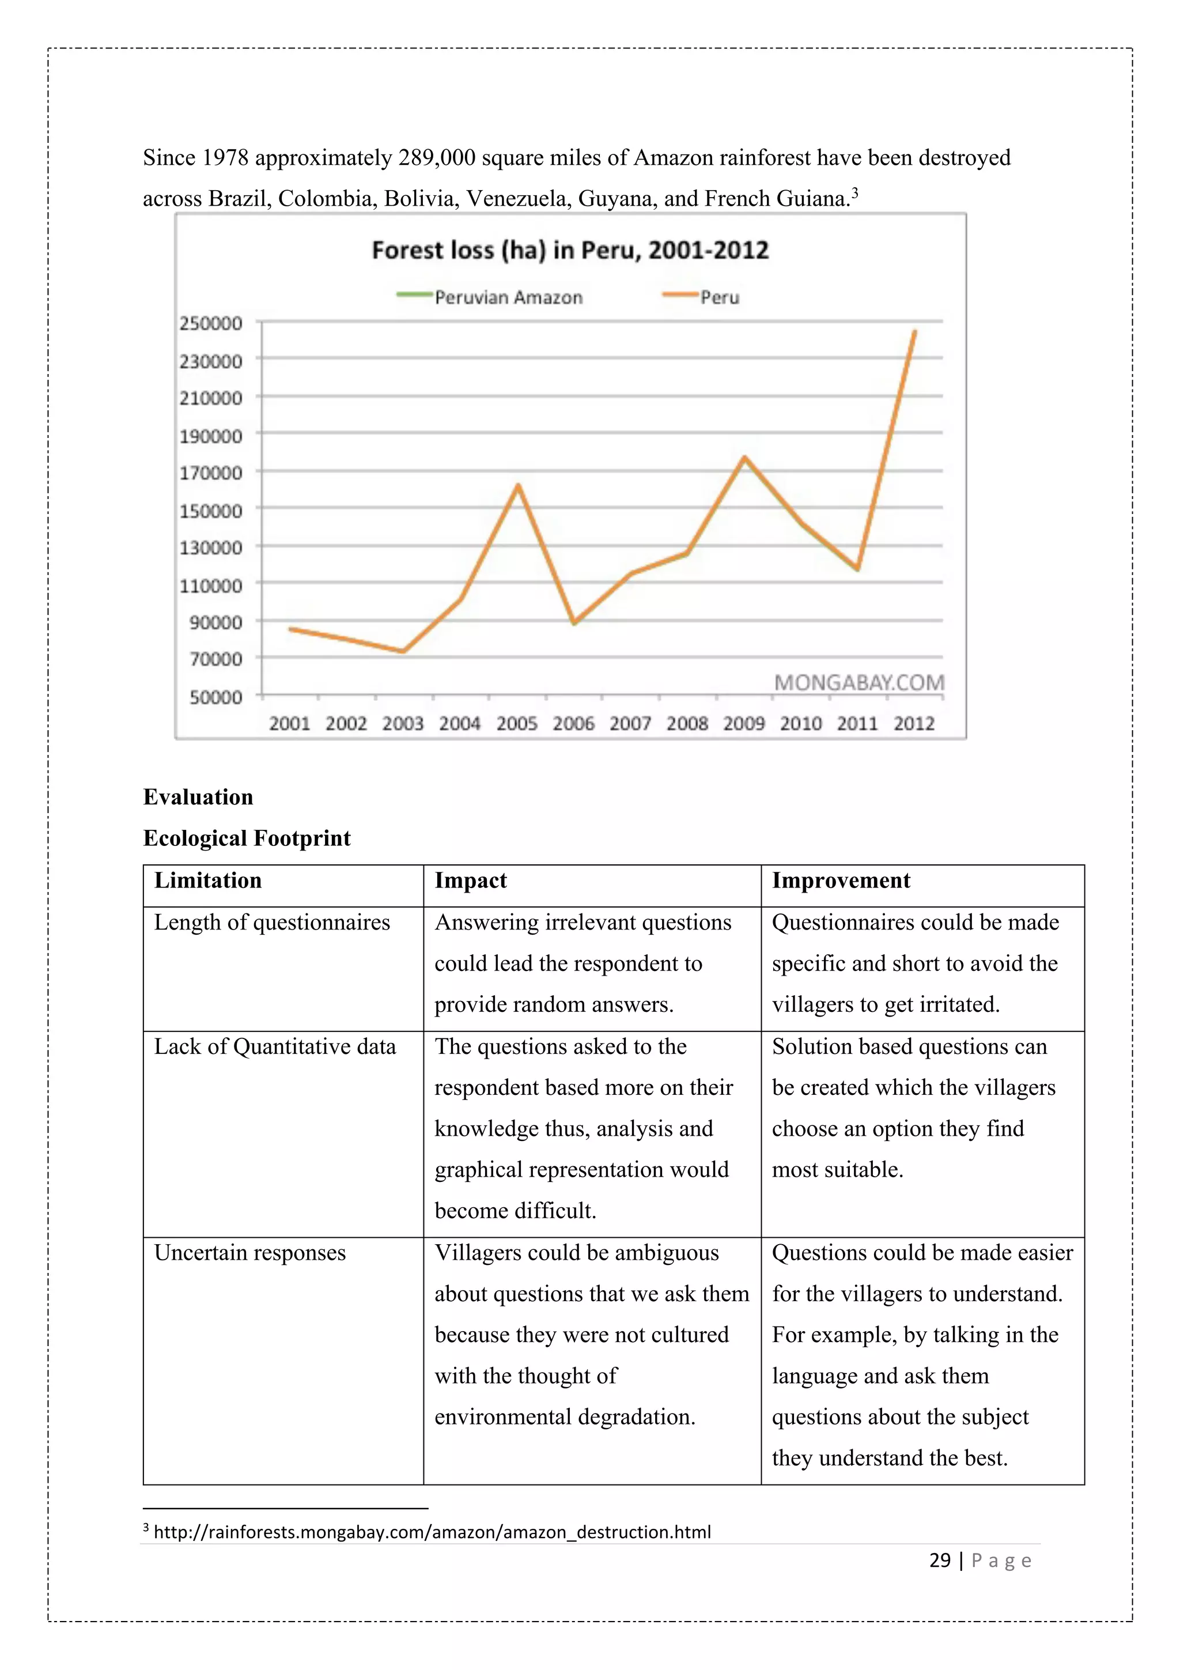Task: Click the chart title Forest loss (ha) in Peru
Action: click(569, 250)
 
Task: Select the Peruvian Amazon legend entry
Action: click(490, 297)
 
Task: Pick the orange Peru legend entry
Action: click(702, 297)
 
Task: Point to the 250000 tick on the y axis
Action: click(211, 323)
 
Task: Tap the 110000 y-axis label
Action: click(211, 585)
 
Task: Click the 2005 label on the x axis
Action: click(516, 723)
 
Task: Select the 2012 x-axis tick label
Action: click(913, 723)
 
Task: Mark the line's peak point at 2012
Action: click(914, 332)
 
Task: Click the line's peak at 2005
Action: click(517, 485)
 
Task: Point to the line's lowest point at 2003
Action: click(403, 651)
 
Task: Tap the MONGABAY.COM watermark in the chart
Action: click(858, 682)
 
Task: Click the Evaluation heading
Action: click(198, 797)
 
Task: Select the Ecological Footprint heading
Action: click(247, 838)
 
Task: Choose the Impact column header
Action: click(470, 881)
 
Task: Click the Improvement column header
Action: click(841, 881)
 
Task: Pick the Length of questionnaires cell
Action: click(272, 922)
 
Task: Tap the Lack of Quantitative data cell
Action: click(275, 1046)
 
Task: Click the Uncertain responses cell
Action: click(249, 1253)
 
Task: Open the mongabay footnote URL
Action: click(432, 1532)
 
